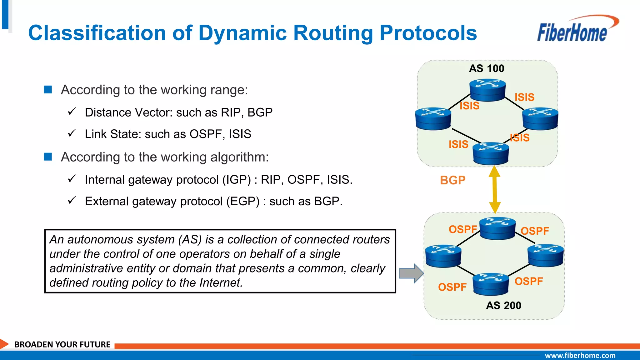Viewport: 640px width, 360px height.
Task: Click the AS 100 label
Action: [487, 68]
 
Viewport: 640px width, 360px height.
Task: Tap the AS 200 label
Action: [503, 305]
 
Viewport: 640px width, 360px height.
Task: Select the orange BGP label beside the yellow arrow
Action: [452, 180]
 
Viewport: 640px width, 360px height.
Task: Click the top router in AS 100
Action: [487, 90]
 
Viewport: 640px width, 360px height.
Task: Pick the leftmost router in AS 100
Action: [433, 119]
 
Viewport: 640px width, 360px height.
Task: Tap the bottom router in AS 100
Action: [491, 153]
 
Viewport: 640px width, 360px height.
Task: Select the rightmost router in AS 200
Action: [545, 255]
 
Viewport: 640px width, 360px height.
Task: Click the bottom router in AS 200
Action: [491, 284]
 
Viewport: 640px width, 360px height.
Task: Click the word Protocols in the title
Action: [428, 33]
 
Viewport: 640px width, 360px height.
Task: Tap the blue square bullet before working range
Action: [48, 90]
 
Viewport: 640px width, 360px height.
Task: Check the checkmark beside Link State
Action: [72, 133]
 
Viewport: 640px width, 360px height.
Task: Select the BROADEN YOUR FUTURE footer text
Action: [62, 344]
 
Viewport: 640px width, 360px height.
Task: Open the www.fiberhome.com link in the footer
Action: [580, 355]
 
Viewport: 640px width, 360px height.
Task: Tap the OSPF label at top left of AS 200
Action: [462, 229]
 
